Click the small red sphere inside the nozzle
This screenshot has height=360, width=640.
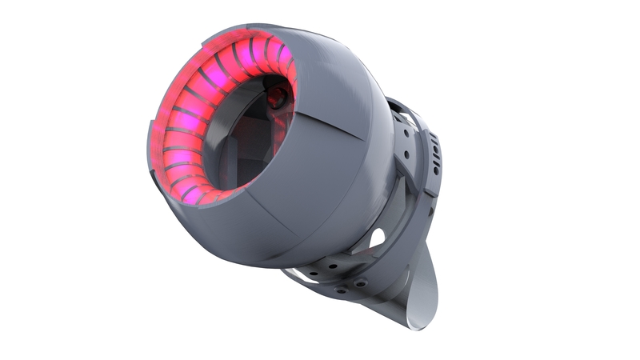click(x=276, y=98)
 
